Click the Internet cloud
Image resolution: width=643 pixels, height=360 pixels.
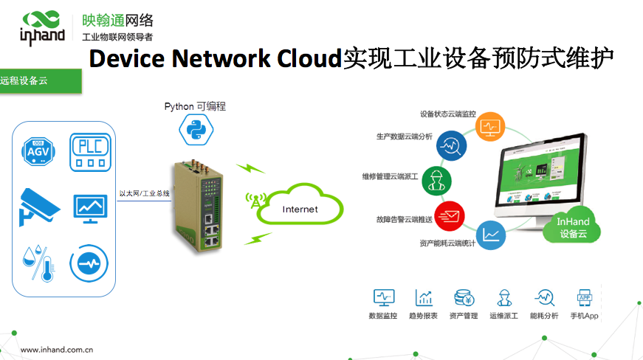coord(300,209)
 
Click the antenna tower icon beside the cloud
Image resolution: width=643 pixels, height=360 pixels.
coord(255,202)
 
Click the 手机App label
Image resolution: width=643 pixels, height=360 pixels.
coord(584,316)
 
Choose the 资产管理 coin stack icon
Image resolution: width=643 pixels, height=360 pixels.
coord(464,298)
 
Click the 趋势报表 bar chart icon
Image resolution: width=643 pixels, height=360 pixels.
coord(424,298)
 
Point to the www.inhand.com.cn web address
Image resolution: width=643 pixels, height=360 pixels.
coord(56,350)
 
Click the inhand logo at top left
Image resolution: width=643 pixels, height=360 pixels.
coord(42,26)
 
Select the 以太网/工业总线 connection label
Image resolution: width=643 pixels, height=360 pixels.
coord(145,193)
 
